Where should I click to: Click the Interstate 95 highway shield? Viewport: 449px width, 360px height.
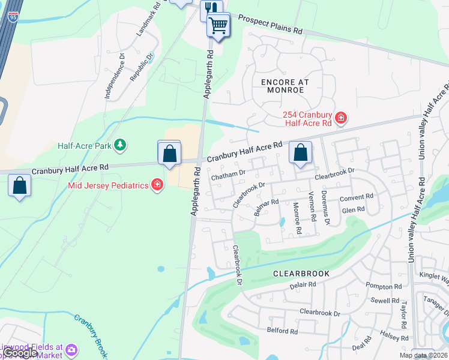click(13, 17)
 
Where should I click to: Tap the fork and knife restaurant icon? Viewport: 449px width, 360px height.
click(209, 8)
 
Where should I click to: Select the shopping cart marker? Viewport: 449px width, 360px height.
click(218, 25)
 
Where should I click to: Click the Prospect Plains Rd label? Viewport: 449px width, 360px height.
click(270, 25)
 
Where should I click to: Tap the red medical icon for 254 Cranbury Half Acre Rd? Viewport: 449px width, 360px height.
click(341, 117)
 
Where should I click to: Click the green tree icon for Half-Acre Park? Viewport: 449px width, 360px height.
click(121, 145)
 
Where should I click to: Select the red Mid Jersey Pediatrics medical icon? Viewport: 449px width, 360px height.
click(157, 184)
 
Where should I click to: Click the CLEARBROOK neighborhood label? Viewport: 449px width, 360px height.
click(301, 273)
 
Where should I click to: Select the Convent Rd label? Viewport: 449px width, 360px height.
click(357, 197)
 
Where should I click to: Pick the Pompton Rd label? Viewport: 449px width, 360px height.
click(385, 287)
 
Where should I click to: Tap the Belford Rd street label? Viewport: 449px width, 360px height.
click(282, 331)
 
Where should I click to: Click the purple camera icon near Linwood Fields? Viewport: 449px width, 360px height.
click(71, 349)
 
